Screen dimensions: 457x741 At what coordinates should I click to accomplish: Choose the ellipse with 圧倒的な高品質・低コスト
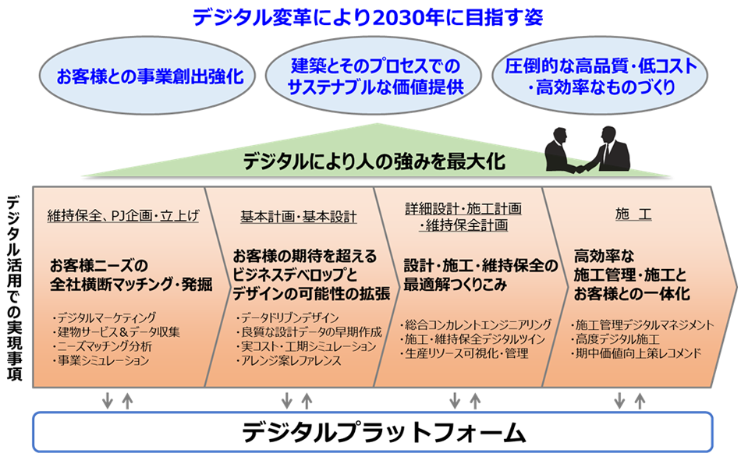(601, 76)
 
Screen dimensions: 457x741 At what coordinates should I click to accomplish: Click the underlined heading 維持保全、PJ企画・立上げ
(122, 216)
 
